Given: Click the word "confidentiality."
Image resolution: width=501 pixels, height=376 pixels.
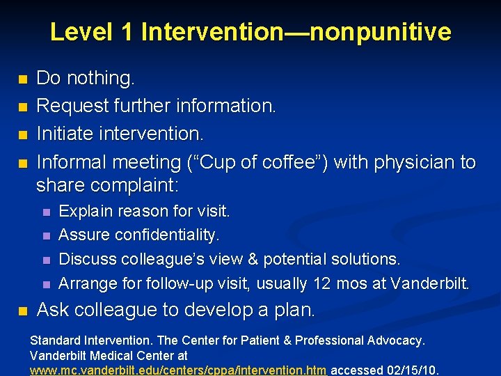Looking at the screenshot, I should click(170, 235).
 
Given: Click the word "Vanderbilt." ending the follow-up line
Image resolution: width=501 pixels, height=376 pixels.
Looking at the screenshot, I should click(431, 283).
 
